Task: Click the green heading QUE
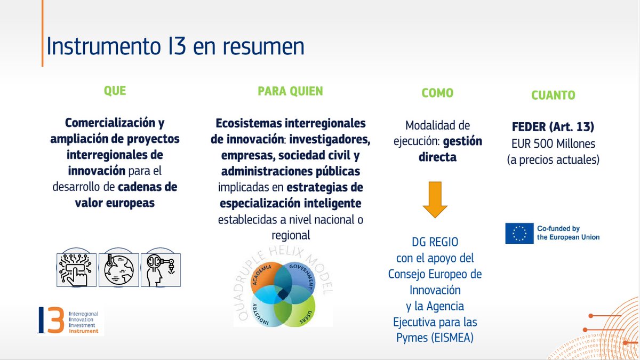(115, 91)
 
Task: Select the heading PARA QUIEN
(290, 91)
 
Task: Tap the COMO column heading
(437, 93)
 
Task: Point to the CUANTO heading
(553, 95)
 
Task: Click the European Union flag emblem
(519, 233)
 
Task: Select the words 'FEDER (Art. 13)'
(553, 128)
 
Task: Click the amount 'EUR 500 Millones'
(553, 143)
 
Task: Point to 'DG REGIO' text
(436, 242)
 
